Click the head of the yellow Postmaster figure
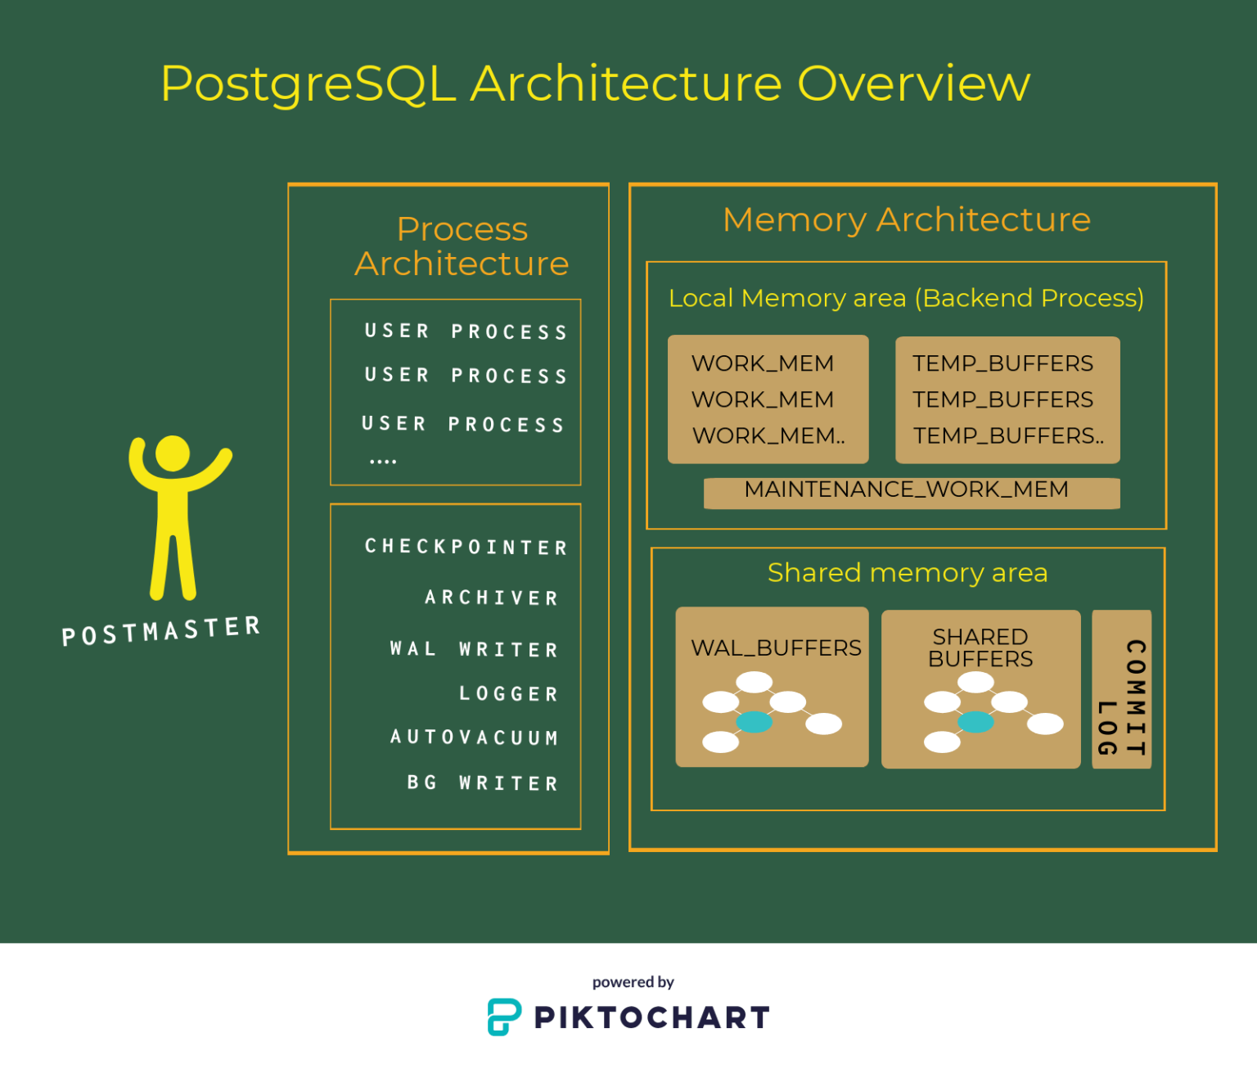point(173,453)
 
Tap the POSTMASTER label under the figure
point(161,631)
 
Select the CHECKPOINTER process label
point(466,546)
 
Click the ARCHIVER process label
point(491,598)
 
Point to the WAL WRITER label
point(475,649)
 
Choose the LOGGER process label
point(509,693)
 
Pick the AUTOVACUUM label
point(475,737)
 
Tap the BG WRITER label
point(483,783)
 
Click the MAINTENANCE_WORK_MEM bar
point(912,493)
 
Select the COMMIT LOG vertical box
point(1121,688)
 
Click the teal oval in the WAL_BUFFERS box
point(754,722)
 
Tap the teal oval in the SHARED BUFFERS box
point(975,722)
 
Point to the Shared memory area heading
point(908,572)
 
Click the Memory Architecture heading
point(906,219)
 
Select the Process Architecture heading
point(462,246)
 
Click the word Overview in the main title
point(913,83)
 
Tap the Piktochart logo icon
point(504,1017)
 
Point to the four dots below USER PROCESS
point(383,462)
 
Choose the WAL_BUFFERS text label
point(776,648)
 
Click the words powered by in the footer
point(633,982)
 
